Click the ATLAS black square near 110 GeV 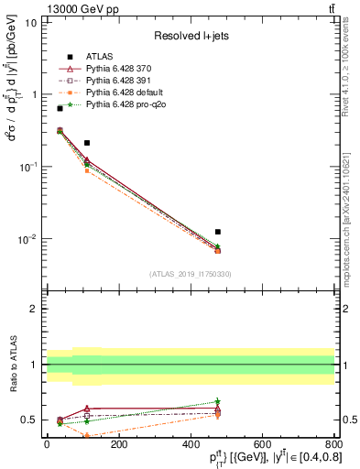(87, 143)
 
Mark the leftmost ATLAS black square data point (60, 108)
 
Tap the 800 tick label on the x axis (333, 443)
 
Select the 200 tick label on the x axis (118, 443)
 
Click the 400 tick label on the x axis (190, 443)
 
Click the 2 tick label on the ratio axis (34, 309)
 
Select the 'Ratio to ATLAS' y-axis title (13, 364)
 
